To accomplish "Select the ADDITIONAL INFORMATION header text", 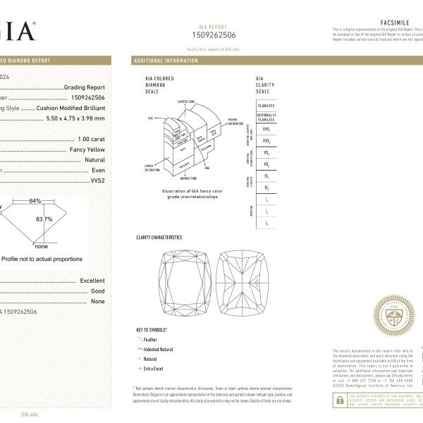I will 166,61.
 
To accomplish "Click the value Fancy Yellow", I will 87,149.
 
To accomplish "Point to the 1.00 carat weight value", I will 91,139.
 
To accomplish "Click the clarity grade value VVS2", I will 97,180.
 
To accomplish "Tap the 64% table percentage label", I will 35,201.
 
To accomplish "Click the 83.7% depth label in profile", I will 44,219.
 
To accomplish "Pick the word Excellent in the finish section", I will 92,281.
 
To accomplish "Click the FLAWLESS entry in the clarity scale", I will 266,105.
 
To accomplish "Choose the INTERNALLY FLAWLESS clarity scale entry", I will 266,117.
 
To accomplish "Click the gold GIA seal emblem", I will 393,315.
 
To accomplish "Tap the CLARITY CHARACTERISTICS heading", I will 159,238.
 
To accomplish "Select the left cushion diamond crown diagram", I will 185,283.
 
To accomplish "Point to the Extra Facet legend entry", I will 154,369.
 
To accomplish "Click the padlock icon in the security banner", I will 340,400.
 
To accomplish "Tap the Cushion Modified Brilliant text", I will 71,108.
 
